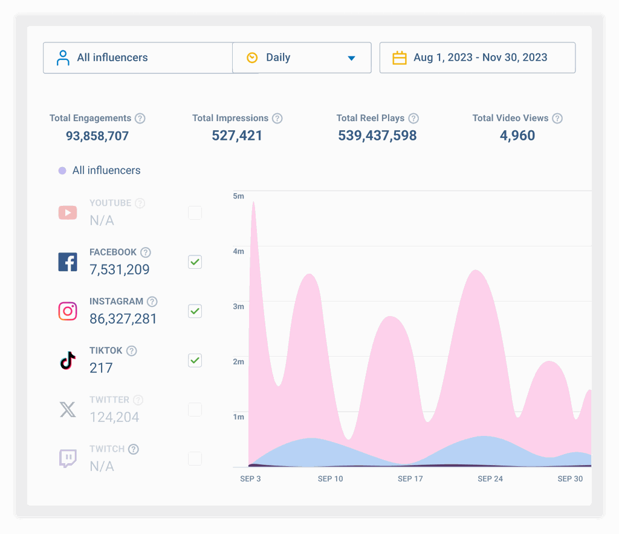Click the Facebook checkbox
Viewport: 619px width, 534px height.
(x=195, y=262)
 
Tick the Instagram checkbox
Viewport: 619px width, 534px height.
(x=195, y=311)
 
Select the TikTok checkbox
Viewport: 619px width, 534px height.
(x=195, y=360)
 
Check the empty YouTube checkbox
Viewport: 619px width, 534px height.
(x=195, y=213)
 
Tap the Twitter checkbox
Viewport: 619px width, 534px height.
(x=195, y=409)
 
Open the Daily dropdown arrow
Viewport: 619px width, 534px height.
(x=351, y=58)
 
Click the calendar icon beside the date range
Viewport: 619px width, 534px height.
(x=399, y=58)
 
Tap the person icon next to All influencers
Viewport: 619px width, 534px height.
(x=63, y=58)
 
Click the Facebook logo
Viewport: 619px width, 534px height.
(x=68, y=262)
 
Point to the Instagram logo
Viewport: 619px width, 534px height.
(x=68, y=311)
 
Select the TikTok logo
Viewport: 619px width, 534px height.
(x=68, y=360)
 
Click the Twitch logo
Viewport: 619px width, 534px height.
(x=68, y=458)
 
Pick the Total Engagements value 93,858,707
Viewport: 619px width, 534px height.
(x=97, y=136)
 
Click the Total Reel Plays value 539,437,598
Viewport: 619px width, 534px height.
(x=377, y=136)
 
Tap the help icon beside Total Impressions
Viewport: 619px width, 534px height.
(x=277, y=118)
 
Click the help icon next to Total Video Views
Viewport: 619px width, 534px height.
(x=557, y=118)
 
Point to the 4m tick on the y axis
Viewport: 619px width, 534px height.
(x=238, y=251)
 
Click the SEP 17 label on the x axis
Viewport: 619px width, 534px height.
(x=410, y=479)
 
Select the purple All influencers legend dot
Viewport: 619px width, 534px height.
(x=62, y=171)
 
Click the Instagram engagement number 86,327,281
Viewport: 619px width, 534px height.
(x=123, y=318)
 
